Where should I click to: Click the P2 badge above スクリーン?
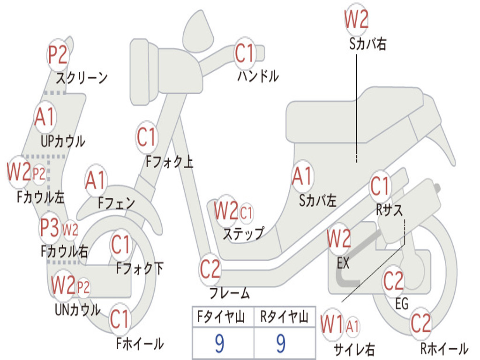[58, 55]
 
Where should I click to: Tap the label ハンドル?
[258, 75]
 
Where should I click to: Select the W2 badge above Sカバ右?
[356, 20]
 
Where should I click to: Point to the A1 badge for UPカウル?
[45, 117]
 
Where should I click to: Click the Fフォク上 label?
[169, 162]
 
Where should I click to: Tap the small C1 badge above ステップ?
[246, 213]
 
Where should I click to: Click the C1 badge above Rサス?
[380, 187]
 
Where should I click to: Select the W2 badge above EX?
[339, 239]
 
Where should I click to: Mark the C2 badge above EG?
[393, 281]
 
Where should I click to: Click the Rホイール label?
[444, 348]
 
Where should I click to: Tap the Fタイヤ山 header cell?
[223, 317]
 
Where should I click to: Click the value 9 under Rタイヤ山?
[281, 344]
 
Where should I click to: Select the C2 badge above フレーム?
[210, 269]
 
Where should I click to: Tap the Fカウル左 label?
[41, 197]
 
